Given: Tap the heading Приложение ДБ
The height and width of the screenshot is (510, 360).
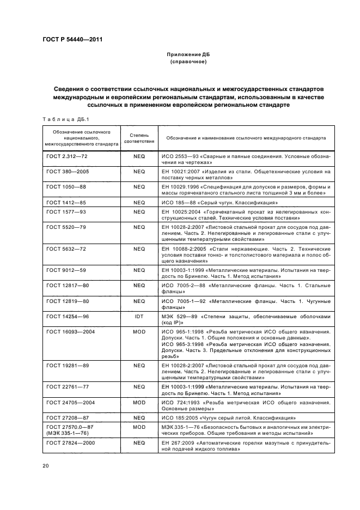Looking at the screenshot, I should (x=188, y=55).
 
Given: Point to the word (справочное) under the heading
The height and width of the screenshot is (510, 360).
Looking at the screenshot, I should (x=188, y=62).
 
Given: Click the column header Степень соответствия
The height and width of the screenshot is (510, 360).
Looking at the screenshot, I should (x=139, y=138).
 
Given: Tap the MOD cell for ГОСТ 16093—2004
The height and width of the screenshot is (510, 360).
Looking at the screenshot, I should (x=139, y=331).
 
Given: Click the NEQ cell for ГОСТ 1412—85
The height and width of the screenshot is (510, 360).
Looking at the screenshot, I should (x=139, y=202).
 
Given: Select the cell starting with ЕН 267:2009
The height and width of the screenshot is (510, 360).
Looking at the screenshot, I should (x=246, y=447).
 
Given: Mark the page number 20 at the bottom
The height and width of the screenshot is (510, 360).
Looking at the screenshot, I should (x=46, y=466).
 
